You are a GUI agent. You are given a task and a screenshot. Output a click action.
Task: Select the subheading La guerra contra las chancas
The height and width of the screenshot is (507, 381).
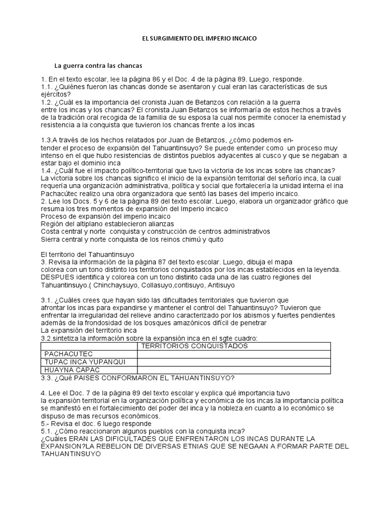click(99, 65)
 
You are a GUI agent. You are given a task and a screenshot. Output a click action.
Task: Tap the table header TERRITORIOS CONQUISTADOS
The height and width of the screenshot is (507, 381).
click(191, 346)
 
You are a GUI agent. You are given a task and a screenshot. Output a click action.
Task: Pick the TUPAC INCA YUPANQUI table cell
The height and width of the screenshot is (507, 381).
click(84, 362)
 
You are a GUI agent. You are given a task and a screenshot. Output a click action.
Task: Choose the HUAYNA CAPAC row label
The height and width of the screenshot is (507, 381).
click(72, 370)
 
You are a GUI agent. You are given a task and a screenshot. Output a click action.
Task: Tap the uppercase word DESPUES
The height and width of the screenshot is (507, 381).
click(59, 277)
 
